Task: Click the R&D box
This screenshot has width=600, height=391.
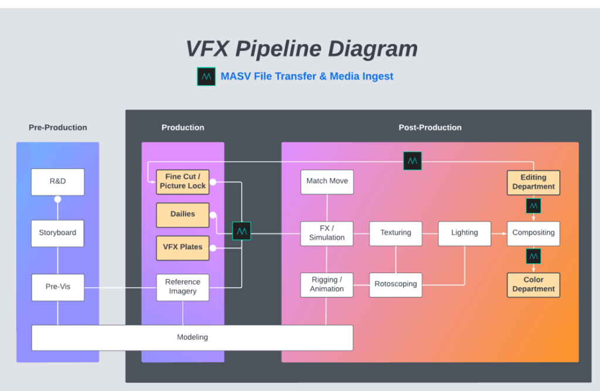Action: click(x=57, y=182)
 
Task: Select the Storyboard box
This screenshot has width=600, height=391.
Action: click(x=57, y=233)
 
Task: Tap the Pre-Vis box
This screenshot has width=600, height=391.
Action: click(x=57, y=287)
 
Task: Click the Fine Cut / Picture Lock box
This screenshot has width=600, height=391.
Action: click(x=182, y=182)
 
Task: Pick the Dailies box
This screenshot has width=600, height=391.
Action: click(x=182, y=215)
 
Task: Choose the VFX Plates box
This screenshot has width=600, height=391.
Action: click(x=182, y=247)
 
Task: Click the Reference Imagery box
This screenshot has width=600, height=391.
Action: click(x=182, y=287)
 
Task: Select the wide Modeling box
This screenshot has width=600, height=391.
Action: click(x=192, y=338)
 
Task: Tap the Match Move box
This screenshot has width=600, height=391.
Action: click(x=327, y=182)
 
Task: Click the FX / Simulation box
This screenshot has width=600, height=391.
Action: click(x=327, y=233)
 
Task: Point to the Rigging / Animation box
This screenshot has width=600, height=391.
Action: click(x=327, y=284)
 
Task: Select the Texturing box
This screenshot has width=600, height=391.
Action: click(x=396, y=233)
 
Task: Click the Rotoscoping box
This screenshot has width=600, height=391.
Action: click(x=396, y=284)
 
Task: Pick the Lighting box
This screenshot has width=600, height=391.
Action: click(x=464, y=233)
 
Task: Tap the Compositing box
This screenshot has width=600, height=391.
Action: click(x=533, y=233)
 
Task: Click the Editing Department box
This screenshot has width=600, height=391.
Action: click(x=533, y=182)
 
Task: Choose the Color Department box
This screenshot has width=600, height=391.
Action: click(x=533, y=285)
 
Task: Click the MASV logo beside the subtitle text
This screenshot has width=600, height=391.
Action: click(x=206, y=77)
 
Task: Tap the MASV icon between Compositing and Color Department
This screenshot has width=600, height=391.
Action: click(x=533, y=257)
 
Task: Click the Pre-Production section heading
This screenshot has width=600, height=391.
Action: click(x=58, y=128)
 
